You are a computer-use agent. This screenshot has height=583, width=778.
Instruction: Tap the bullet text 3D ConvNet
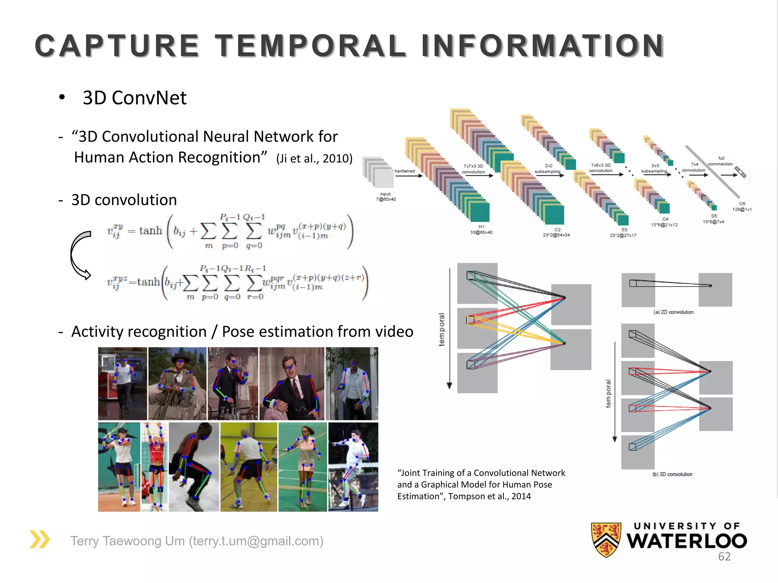coord(134,98)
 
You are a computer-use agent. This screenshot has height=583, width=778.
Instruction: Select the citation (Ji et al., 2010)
coord(314,158)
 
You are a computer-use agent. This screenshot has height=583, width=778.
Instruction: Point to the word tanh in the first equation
coord(150,230)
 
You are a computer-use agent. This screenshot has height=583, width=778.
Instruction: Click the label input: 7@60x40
coord(386,197)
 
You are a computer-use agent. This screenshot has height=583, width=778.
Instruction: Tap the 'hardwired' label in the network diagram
coord(404,171)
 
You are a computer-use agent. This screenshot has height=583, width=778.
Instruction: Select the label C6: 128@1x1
coord(742,206)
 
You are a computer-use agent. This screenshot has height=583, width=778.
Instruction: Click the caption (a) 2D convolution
coord(673,312)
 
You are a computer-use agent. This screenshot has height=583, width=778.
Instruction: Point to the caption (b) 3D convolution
coord(672,474)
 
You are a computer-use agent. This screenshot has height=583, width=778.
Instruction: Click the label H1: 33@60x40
coord(481,229)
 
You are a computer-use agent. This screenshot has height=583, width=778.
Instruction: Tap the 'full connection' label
coord(720,161)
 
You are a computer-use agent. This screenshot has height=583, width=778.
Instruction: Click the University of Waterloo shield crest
coord(606,539)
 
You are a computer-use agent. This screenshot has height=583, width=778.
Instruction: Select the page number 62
coord(724,556)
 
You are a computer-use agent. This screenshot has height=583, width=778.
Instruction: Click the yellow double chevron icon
coord(40,539)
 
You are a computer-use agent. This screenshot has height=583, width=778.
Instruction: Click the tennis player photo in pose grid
coord(119,467)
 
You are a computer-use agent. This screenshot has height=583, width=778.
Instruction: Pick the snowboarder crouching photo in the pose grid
coord(194,467)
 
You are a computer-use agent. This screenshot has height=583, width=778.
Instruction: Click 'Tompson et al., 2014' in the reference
coord(489,496)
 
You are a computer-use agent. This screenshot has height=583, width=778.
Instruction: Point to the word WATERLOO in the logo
coord(686,541)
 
